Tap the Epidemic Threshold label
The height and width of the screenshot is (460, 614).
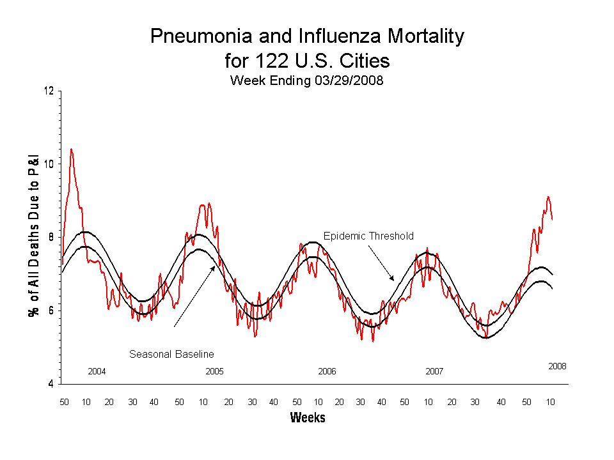point(368,236)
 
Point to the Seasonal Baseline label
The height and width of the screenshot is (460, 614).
point(171,353)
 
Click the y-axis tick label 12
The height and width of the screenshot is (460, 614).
point(49,91)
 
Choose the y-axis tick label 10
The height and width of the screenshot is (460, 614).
point(49,164)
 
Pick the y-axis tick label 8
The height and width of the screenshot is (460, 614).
point(51,238)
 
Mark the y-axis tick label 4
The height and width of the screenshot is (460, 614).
point(51,384)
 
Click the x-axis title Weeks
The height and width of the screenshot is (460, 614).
point(308,418)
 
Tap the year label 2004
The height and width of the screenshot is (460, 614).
point(97,371)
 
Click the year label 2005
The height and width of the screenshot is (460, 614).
point(214,371)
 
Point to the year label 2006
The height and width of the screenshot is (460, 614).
point(327,371)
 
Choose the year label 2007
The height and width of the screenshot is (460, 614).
point(434,371)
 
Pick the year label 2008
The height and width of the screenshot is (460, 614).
point(557,366)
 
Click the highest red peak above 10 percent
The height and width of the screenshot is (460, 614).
point(71,149)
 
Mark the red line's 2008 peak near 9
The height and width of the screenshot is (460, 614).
point(548,197)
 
